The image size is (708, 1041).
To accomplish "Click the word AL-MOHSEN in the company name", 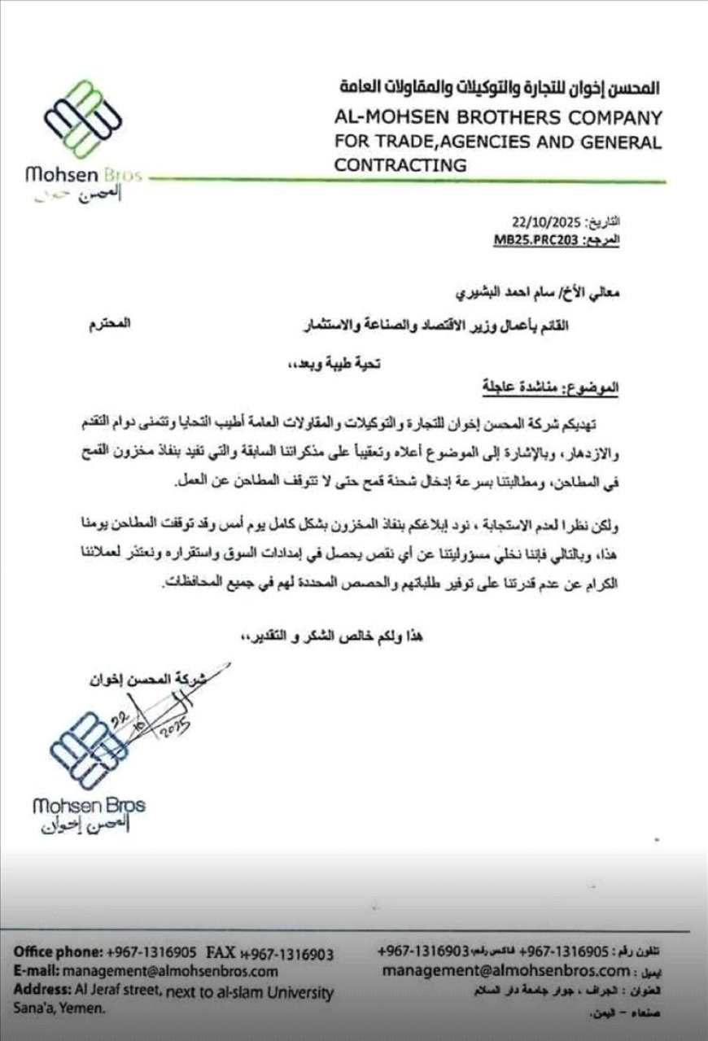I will tap(392, 117).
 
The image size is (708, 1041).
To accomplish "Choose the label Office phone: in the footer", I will tap(55, 953).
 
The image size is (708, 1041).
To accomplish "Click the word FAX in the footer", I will tap(221, 953).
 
